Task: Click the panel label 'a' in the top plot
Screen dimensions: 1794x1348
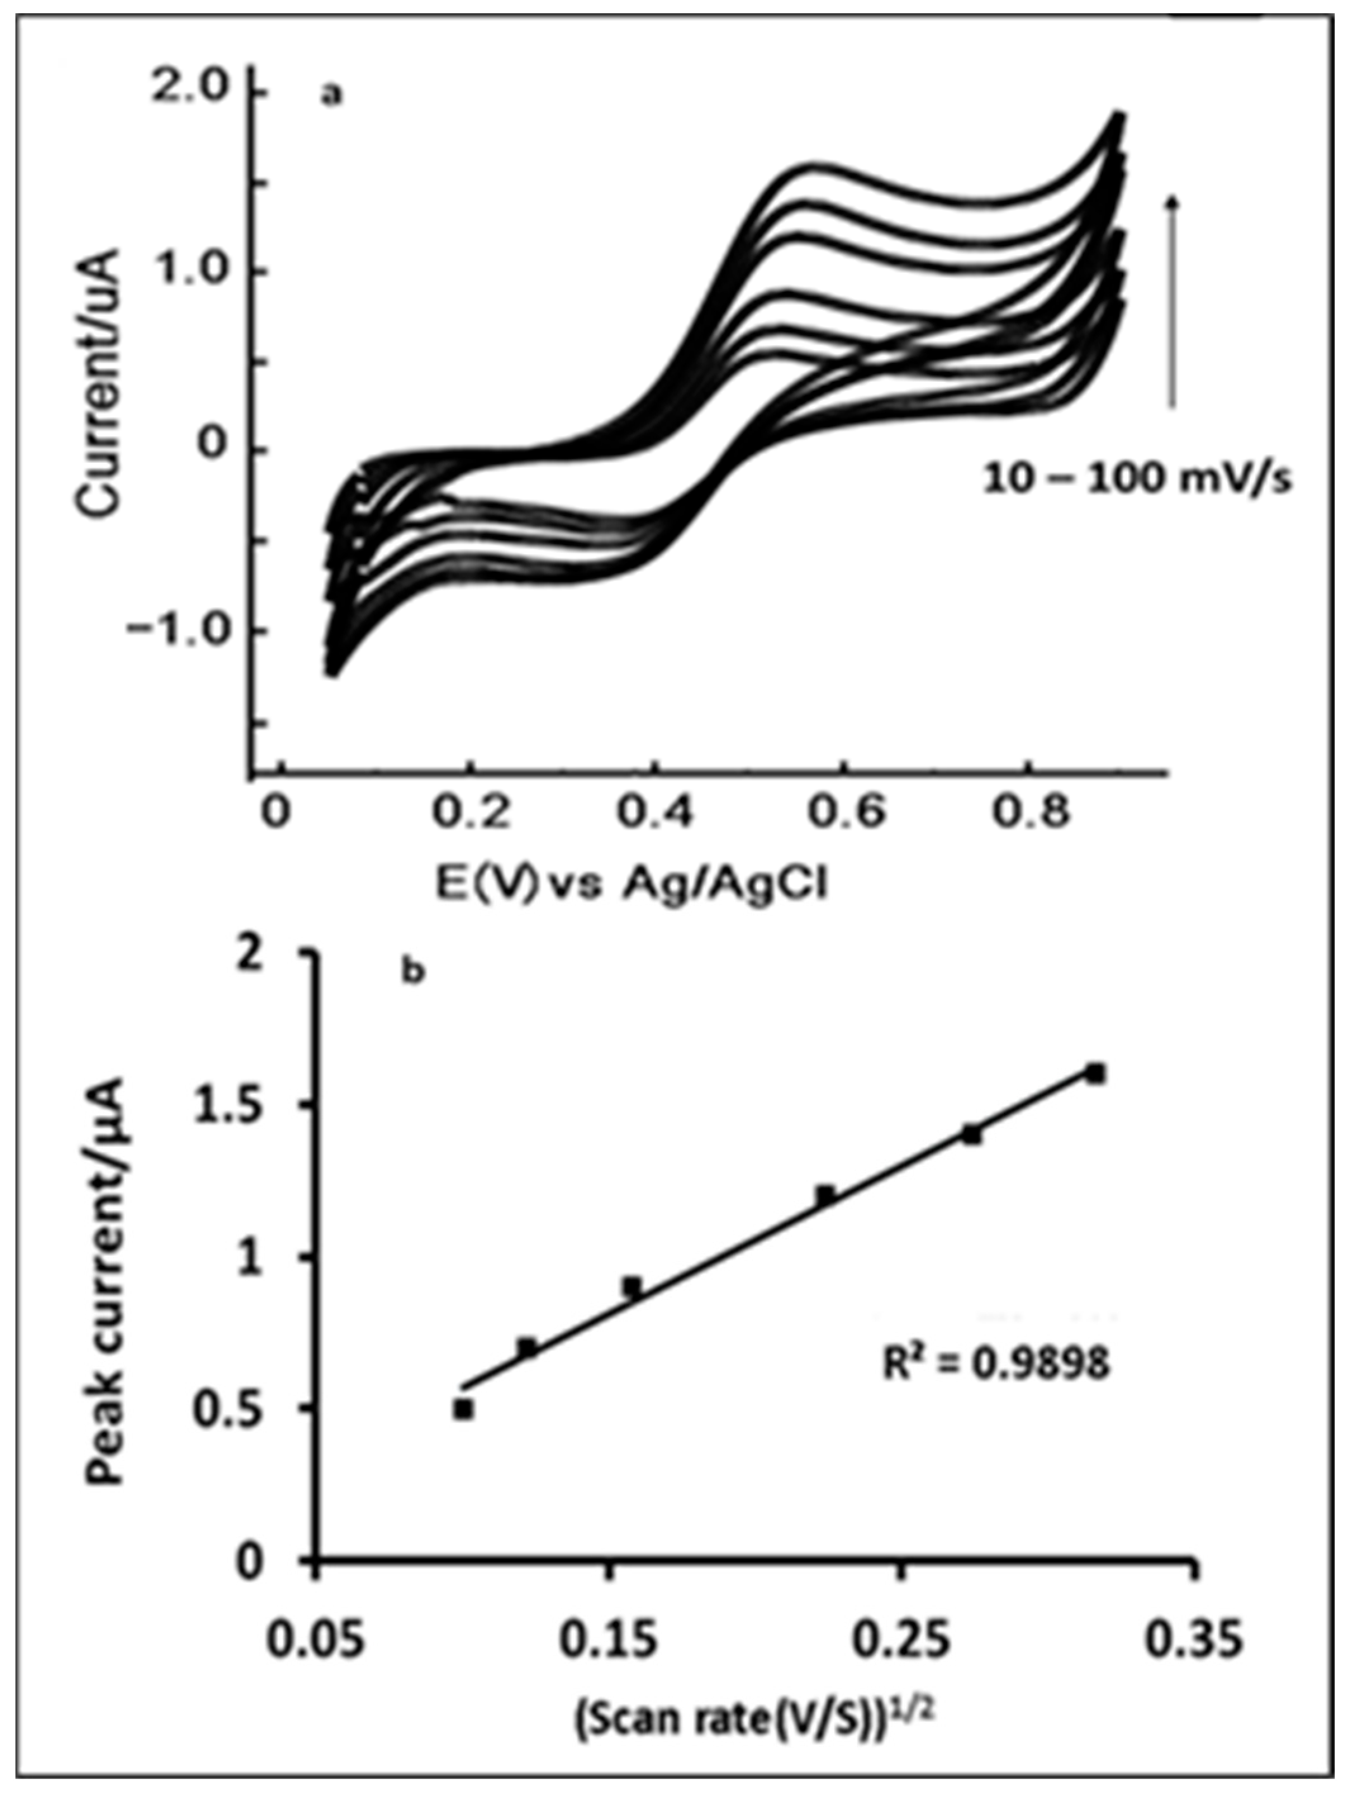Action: click(332, 96)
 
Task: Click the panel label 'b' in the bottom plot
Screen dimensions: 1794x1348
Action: click(414, 971)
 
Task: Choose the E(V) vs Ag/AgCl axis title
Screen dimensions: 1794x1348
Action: click(632, 884)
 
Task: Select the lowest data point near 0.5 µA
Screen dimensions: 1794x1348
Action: click(463, 1410)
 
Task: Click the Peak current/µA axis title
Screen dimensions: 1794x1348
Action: click(105, 1282)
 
